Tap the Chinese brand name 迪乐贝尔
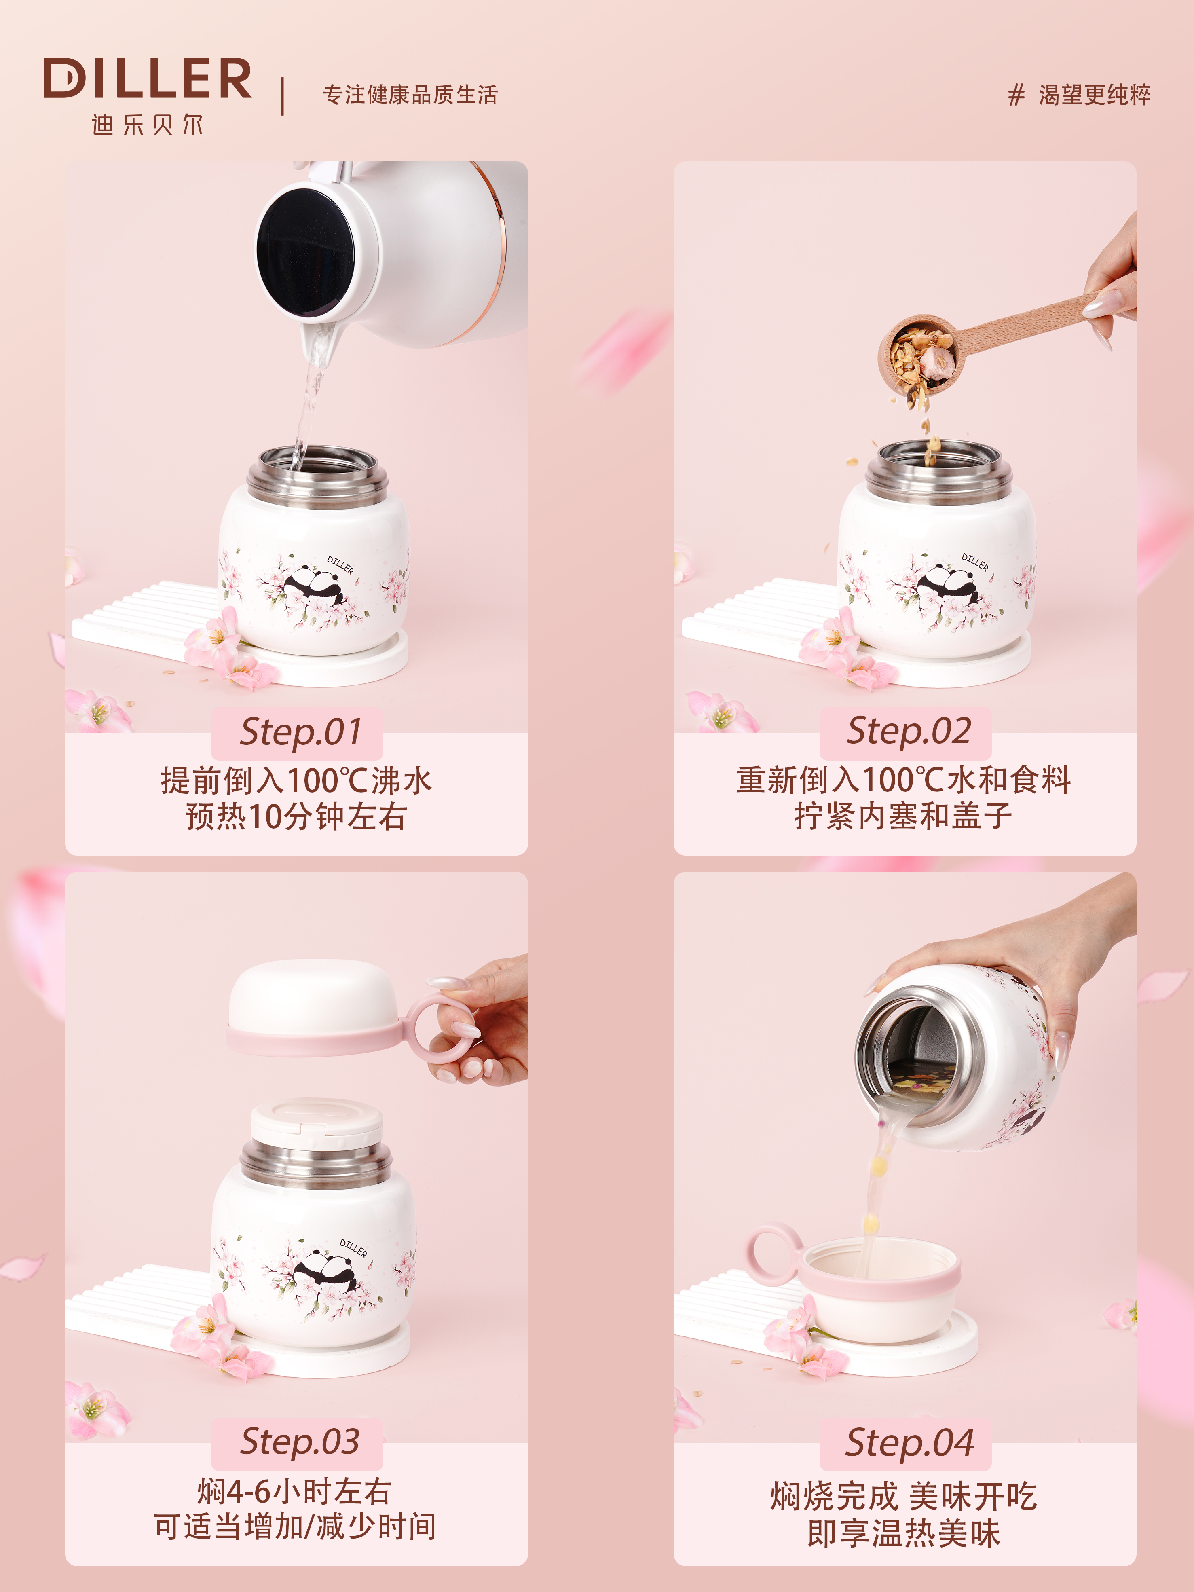point(148,125)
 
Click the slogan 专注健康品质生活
point(410,94)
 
